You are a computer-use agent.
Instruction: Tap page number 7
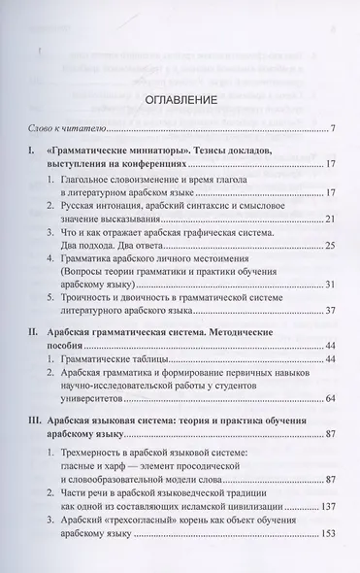pos(332,129)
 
